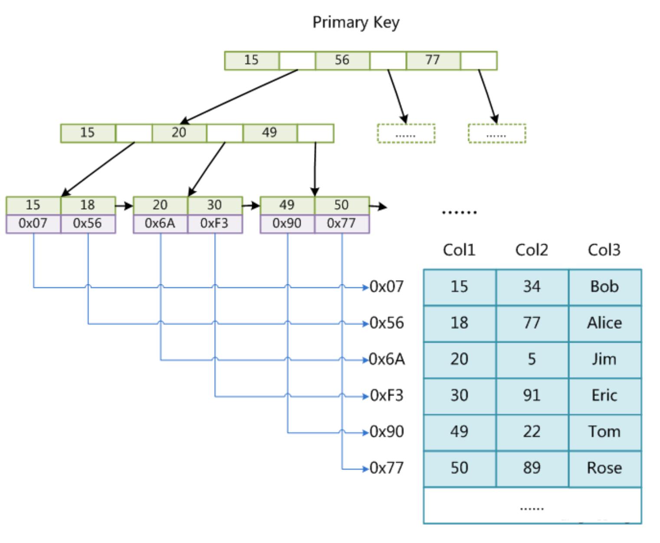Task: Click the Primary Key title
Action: tap(356, 23)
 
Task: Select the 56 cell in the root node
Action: tap(342, 60)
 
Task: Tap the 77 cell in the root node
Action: tap(433, 60)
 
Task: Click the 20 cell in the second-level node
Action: tap(179, 133)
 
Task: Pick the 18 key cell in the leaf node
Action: tap(88, 206)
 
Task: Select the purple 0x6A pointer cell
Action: tap(160, 224)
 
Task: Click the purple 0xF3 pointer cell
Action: tap(215, 224)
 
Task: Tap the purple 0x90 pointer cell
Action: tap(287, 224)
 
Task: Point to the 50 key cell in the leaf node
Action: tap(342, 206)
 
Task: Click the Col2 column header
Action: tap(532, 250)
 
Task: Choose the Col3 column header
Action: tap(604, 250)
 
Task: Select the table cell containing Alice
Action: tap(604, 324)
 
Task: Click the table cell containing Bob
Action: tap(604, 287)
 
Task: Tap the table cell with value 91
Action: tap(532, 396)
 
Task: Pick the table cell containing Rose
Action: tap(604, 468)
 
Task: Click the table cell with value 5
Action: tap(532, 360)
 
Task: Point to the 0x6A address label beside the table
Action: tap(387, 360)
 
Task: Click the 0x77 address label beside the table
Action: tap(387, 468)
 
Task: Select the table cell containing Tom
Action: tap(604, 432)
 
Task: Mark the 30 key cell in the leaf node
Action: tap(215, 206)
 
